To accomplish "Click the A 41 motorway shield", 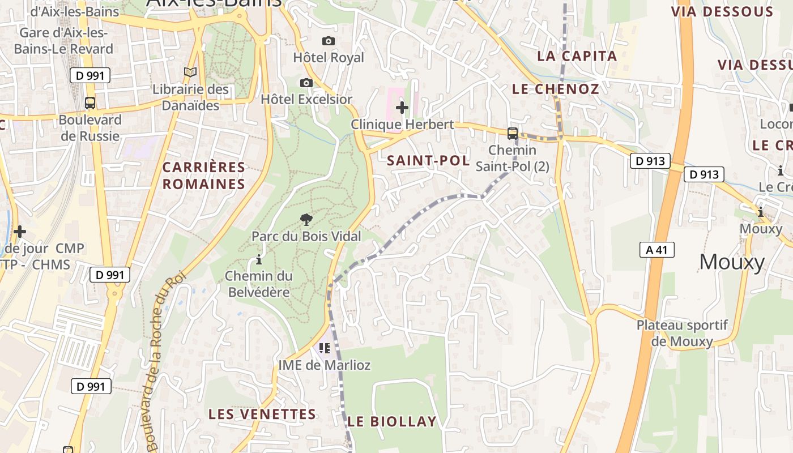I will [x=657, y=250].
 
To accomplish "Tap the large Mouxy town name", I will [x=732, y=262].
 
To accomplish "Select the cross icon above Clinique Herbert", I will [x=402, y=107].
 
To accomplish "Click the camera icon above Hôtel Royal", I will [x=329, y=41].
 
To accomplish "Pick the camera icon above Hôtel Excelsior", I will [x=306, y=83].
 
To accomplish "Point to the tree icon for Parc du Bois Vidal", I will [x=306, y=219].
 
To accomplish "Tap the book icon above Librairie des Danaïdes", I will [x=190, y=72].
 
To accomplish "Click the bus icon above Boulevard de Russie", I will [x=90, y=103].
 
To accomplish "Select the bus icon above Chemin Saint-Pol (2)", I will [x=513, y=134].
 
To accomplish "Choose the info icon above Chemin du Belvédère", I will [x=259, y=260].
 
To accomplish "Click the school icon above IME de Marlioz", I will [x=325, y=348].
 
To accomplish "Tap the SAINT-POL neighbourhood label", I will [x=428, y=161].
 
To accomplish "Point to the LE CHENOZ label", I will [x=555, y=89].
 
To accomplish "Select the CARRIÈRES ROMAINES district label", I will [x=204, y=176].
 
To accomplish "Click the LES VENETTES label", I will [x=262, y=414].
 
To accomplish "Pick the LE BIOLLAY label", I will [x=392, y=422].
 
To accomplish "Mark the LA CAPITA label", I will [x=577, y=56].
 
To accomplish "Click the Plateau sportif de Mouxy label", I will [x=682, y=334].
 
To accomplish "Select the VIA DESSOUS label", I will [x=722, y=12].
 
